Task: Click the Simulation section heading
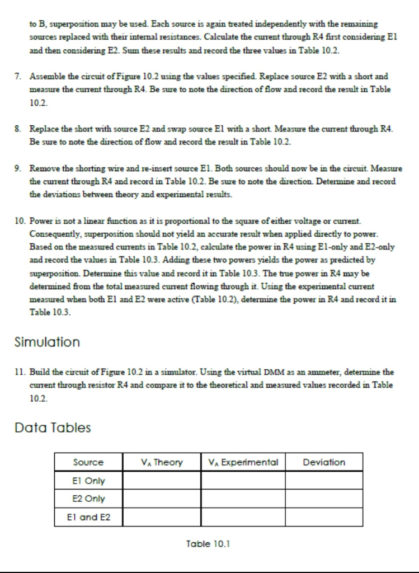pos(47,342)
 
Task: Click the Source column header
pos(89,462)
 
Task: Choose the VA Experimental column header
pos(243,462)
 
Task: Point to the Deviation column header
pos(324,462)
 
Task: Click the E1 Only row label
pos(89,480)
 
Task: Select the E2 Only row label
pos(89,499)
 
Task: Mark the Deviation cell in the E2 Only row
pos(324,499)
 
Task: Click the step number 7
pos(17,76)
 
